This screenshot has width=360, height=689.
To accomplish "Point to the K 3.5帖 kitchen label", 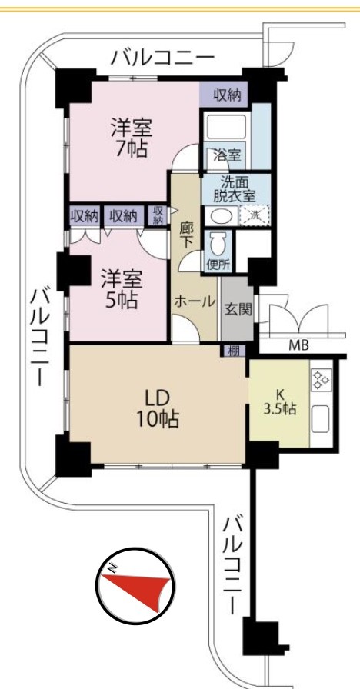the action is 279,401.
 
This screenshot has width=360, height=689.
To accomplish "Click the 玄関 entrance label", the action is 238,310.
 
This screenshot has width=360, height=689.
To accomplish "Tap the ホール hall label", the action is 195,301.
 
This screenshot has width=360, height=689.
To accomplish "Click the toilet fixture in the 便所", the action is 217,243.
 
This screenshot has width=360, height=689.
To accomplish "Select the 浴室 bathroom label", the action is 226,155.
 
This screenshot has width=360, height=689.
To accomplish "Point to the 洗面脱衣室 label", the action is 235,189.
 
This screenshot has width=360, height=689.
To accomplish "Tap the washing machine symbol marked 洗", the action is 255,215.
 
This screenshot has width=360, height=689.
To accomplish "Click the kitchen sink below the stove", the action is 321,419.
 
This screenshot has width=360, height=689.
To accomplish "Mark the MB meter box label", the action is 299,345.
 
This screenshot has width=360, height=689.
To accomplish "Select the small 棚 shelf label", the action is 233,351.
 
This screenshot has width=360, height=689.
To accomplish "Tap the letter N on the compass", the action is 113,568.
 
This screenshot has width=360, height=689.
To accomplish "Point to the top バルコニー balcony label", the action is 162,58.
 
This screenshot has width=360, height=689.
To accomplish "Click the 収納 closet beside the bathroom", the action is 227,95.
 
